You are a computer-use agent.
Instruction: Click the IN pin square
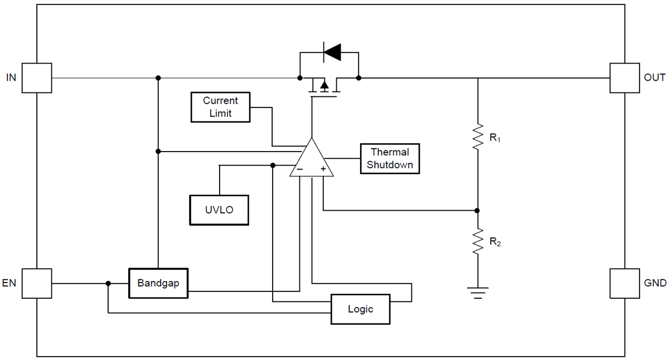coord(37,77)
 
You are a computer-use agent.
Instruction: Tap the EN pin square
coord(37,283)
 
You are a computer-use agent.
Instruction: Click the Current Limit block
coord(220,108)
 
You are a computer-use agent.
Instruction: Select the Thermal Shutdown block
coord(390,159)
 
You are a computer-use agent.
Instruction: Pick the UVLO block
coord(219,210)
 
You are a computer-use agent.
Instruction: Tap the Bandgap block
coord(158,283)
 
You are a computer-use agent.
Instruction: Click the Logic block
coord(360,309)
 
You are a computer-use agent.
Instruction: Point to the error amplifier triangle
coord(312,161)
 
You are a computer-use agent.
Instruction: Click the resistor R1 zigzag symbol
coord(478,137)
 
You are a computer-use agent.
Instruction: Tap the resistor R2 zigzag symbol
coord(478,242)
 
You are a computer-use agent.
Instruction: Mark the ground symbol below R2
coord(478,293)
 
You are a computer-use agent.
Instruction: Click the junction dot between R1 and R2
coord(477,211)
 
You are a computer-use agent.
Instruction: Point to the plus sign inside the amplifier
coord(323,169)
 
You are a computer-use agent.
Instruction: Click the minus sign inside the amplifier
coord(299,169)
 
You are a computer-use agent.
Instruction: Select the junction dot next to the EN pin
coord(108,284)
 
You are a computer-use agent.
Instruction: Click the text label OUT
coord(655,77)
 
